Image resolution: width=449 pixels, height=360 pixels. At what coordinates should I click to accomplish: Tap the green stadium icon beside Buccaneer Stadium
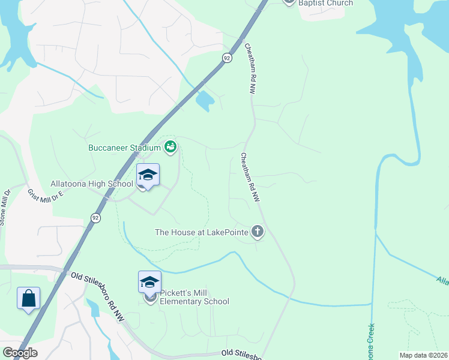click(170, 146)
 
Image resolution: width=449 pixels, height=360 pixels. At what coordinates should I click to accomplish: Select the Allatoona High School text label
click(91, 184)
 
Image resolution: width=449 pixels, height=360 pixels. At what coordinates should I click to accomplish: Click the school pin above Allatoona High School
click(148, 176)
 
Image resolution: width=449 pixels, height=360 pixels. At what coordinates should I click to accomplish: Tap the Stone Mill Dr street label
click(5, 208)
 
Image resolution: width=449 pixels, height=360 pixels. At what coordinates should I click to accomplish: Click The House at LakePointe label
click(202, 232)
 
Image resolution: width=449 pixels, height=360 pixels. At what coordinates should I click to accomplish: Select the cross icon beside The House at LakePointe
click(257, 231)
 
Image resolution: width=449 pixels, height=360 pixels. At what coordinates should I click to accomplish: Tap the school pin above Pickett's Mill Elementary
click(149, 282)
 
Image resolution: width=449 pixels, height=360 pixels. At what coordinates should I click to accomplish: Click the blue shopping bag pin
click(28, 298)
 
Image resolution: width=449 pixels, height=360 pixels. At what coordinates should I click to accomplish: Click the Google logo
click(20, 353)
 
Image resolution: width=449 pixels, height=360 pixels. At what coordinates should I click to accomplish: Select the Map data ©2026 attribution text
click(423, 355)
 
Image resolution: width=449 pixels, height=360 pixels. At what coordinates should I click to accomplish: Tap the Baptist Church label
click(327, 3)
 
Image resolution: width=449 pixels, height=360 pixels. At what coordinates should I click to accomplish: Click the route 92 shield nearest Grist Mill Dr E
click(95, 218)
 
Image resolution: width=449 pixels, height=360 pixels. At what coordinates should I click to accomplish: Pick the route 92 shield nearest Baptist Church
click(226, 58)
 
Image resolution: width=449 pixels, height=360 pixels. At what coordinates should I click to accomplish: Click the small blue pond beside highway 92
click(205, 101)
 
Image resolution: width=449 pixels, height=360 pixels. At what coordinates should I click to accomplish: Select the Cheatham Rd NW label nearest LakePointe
click(250, 177)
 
